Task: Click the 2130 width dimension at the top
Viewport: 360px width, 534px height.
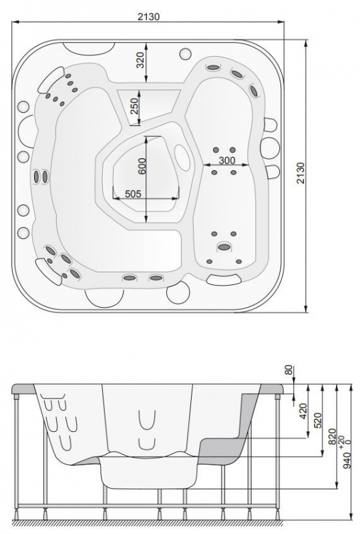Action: [x=148, y=16]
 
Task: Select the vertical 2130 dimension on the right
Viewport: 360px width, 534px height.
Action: [x=301, y=173]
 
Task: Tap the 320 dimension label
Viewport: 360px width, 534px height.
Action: [x=140, y=60]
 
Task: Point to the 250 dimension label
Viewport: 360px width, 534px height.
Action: [x=134, y=106]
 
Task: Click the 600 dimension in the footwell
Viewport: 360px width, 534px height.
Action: [x=142, y=166]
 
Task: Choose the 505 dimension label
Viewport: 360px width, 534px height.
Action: [x=133, y=194]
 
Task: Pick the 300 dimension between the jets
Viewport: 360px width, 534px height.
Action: [x=226, y=160]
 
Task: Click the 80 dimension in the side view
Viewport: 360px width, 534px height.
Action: [x=289, y=370]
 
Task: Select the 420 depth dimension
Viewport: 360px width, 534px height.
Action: [x=303, y=411]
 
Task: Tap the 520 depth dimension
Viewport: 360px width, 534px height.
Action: [x=317, y=421]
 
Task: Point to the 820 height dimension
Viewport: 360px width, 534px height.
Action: [x=332, y=437]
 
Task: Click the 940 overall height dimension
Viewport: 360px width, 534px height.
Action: [x=347, y=461]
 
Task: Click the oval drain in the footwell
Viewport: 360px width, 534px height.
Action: [x=182, y=158]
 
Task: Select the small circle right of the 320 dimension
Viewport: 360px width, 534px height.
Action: [x=185, y=54]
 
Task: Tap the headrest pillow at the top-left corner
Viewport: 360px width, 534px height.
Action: [x=51, y=79]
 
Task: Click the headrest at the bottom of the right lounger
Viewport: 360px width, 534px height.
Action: [x=224, y=280]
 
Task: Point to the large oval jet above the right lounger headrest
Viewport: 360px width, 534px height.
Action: [x=224, y=247]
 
